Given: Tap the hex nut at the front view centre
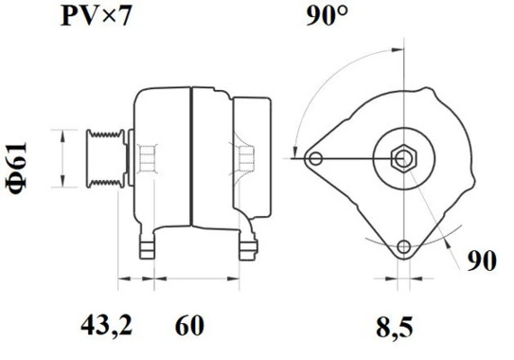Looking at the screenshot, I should (x=403, y=158).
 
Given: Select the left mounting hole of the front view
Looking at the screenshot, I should (x=314, y=159).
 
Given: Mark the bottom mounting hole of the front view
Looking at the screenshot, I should (x=403, y=247).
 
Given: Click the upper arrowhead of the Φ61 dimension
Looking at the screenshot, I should (x=62, y=133).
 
